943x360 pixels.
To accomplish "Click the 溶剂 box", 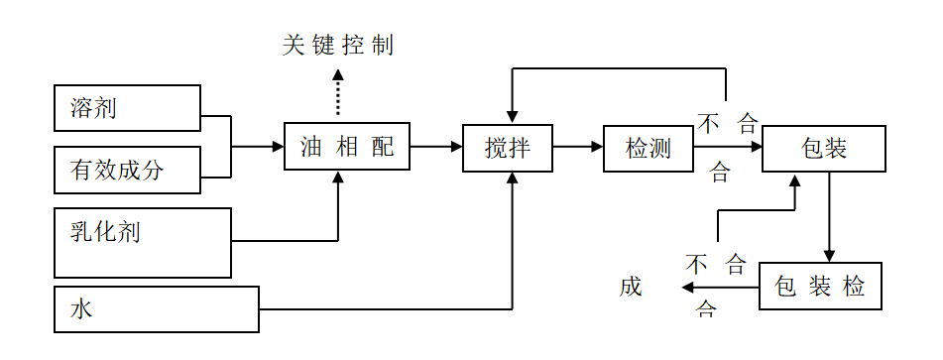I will tap(127, 107).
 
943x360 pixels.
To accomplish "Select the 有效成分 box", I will tap(127, 170).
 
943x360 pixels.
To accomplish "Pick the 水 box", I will tap(156, 308).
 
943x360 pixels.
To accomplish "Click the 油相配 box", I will tap(346, 148).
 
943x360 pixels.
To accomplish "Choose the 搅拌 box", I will tap(507, 148).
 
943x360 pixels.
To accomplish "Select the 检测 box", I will tap(648, 148).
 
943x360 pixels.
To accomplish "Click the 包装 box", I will tap(823, 148).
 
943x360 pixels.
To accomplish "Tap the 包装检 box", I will tap(819, 288).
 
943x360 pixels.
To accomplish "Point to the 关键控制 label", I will tap(337, 46).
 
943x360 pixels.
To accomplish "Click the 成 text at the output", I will tap(631, 288).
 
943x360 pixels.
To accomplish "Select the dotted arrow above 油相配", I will tap(338, 94).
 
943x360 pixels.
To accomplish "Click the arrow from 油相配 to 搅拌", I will tap(435, 148).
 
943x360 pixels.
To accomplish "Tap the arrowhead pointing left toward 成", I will tap(686, 288).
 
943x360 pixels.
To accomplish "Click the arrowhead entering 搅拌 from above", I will tap(512, 116).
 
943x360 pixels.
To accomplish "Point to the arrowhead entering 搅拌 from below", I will tap(512, 179).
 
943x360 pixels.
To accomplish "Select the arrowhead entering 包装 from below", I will tap(794, 180).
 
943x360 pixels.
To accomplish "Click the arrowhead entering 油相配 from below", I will tap(338, 179).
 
